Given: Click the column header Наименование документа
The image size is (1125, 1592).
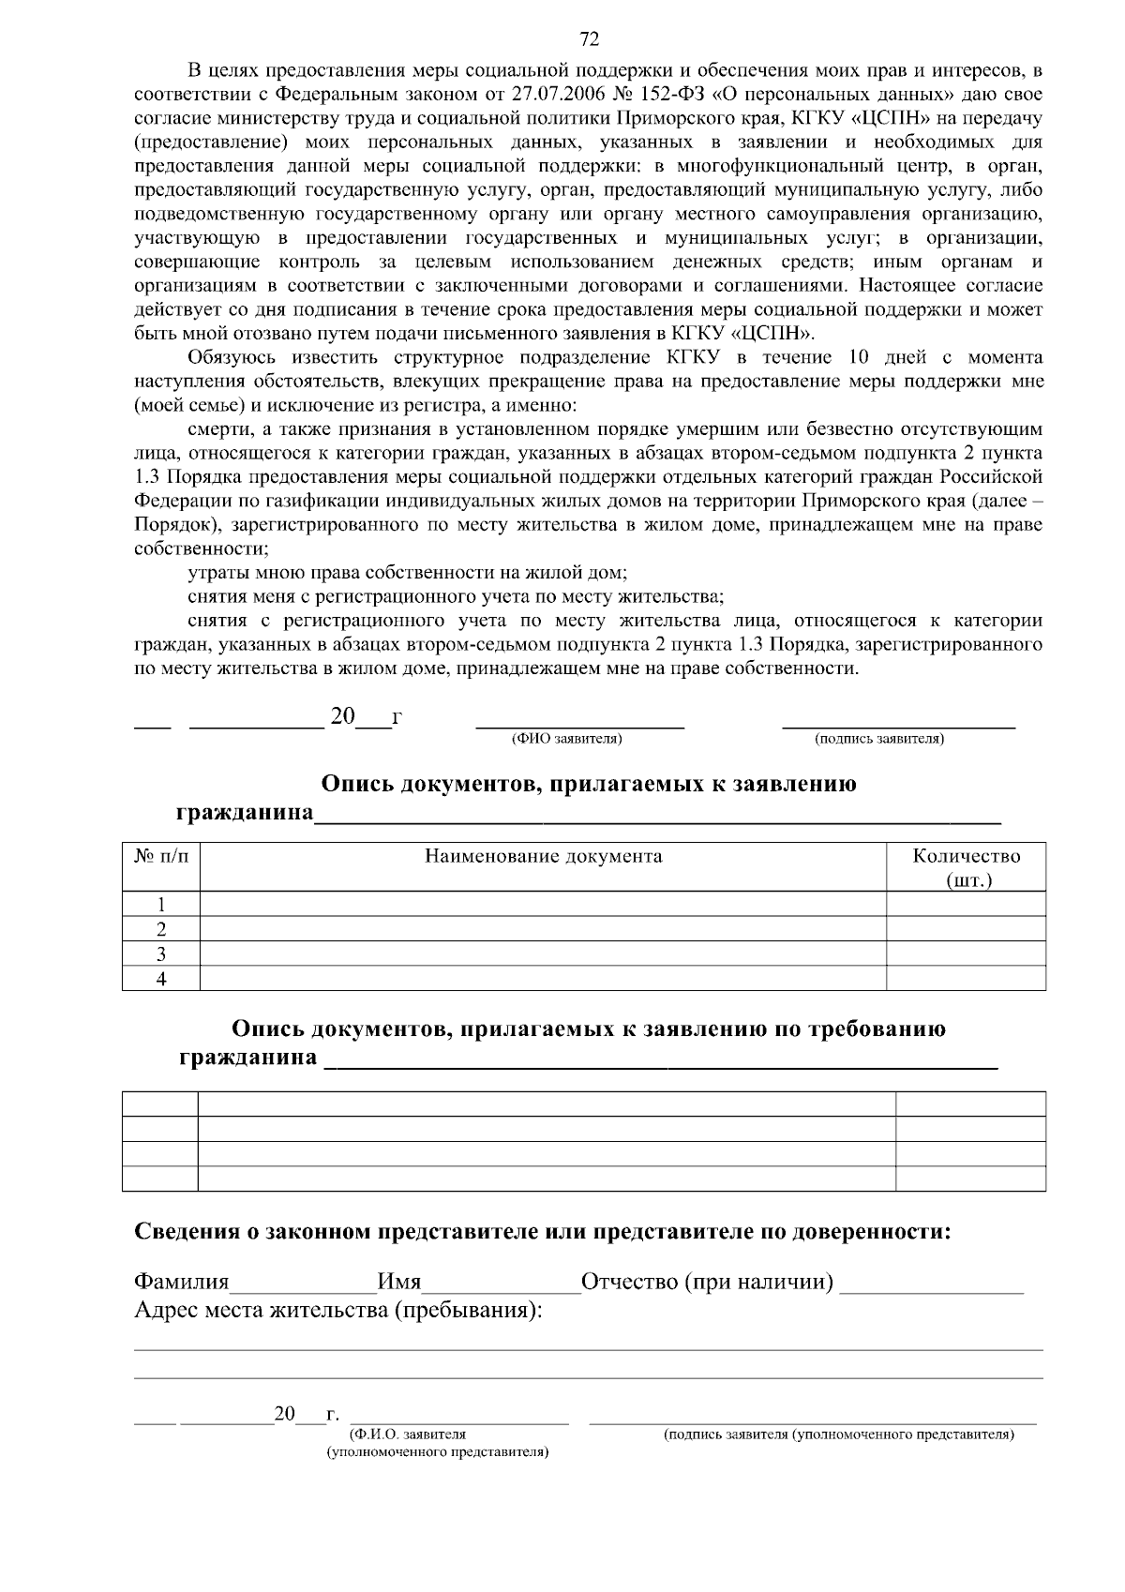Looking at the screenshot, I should [543, 856].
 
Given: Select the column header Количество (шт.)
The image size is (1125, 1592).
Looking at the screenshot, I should [967, 867].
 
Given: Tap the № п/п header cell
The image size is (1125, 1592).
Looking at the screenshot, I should [161, 856].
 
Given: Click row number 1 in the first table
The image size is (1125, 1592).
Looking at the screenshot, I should [161, 905].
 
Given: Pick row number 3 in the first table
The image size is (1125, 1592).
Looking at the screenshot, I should [161, 954].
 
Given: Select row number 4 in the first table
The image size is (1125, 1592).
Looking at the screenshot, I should [161, 979].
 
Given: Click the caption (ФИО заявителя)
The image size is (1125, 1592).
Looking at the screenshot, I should [566, 740].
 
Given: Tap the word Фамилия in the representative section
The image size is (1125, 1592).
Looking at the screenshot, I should [182, 1282].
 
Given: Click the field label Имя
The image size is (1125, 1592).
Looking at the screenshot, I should [398, 1282].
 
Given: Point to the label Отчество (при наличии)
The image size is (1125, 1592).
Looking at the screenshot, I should [708, 1282].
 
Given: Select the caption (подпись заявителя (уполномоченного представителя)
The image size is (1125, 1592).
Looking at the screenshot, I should [838, 1434].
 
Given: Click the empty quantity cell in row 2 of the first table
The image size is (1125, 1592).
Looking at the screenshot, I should [966, 929].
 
